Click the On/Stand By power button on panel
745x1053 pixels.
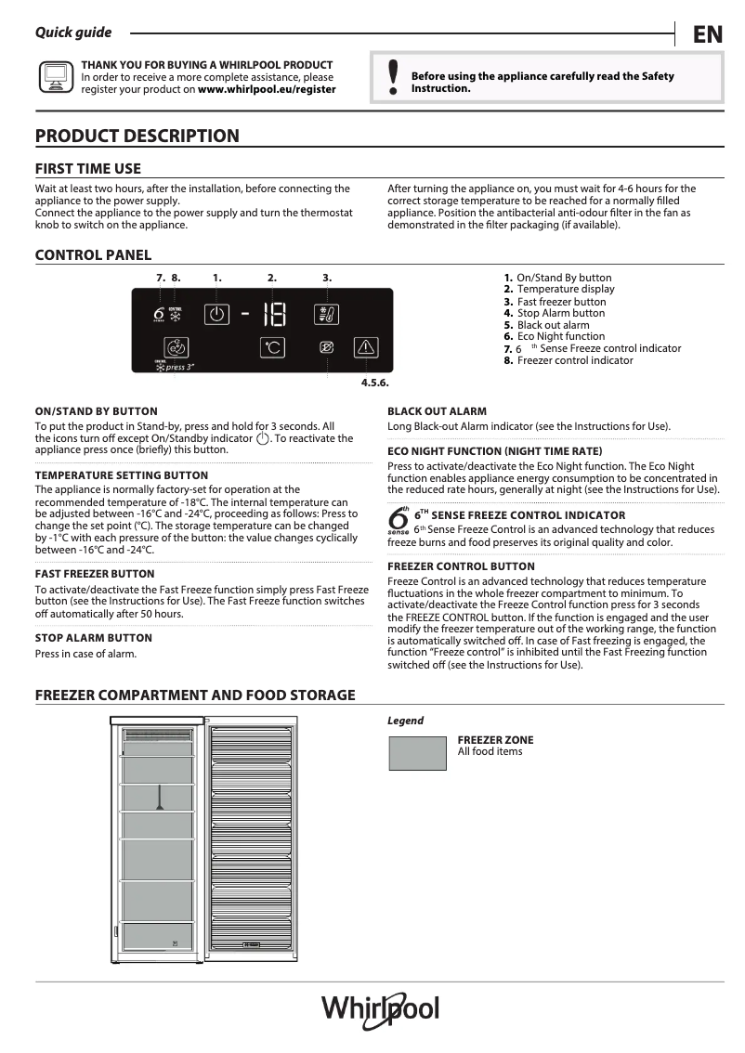[216, 314]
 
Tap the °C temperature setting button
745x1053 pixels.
[272, 348]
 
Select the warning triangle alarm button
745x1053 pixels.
[366, 347]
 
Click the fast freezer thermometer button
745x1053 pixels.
[327, 314]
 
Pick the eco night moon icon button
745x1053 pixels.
[327, 347]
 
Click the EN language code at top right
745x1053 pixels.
[707, 34]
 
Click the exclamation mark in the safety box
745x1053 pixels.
[393, 79]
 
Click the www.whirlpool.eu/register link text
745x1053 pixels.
[267, 90]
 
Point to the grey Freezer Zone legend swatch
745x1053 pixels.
[417, 753]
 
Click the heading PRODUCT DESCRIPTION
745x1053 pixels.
[137, 136]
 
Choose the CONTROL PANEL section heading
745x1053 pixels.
[93, 255]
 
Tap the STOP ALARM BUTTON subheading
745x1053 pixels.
[93, 638]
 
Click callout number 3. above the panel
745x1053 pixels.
[327, 278]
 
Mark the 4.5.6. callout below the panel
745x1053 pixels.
[373, 383]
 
